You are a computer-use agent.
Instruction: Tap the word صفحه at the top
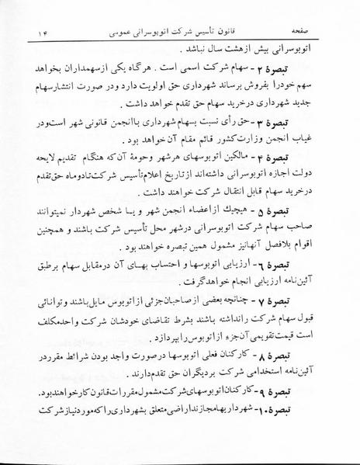317,15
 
